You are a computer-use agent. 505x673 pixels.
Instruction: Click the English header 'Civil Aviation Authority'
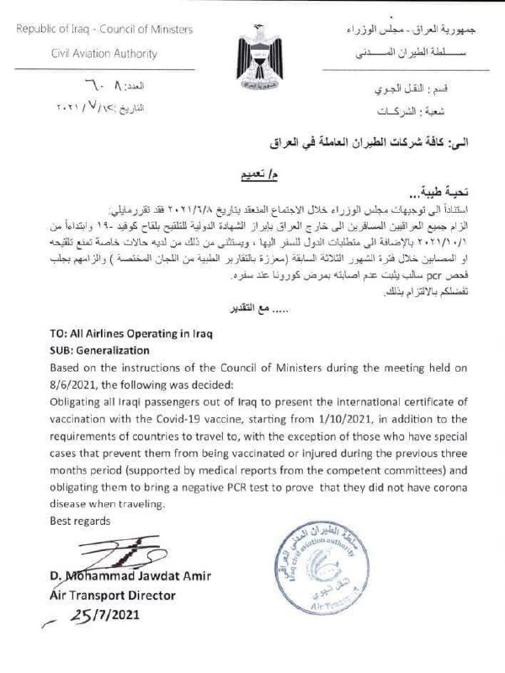(105, 54)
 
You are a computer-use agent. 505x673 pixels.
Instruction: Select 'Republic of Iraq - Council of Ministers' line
(105, 29)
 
